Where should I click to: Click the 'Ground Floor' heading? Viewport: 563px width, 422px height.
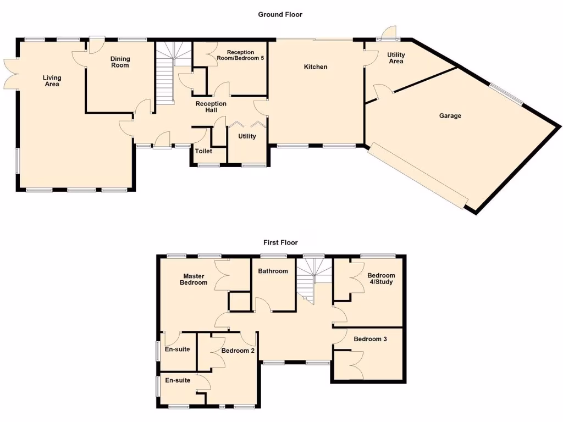point(280,14)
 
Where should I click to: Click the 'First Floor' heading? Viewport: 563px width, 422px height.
point(280,242)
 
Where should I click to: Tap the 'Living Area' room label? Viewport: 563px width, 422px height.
point(52,81)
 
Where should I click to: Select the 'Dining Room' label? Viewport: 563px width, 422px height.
point(120,62)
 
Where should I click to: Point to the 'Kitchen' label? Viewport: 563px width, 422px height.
point(316,67)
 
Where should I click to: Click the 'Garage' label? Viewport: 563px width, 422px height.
point(450,116)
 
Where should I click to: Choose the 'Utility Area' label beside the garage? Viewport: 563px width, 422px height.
point(396,58)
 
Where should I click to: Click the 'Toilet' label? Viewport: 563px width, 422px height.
point(203,151)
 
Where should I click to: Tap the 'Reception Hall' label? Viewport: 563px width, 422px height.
point(211,107)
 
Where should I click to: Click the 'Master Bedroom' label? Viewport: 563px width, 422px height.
point(195,279)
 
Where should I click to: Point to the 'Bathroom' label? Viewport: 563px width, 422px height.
point(273,271)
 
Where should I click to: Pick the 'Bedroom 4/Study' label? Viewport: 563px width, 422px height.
point(381,279)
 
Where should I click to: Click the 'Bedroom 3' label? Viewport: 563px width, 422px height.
point(370,339)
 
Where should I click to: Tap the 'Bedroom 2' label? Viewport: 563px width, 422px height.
point(238,350)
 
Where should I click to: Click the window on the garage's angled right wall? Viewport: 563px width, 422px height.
point(506,93)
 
